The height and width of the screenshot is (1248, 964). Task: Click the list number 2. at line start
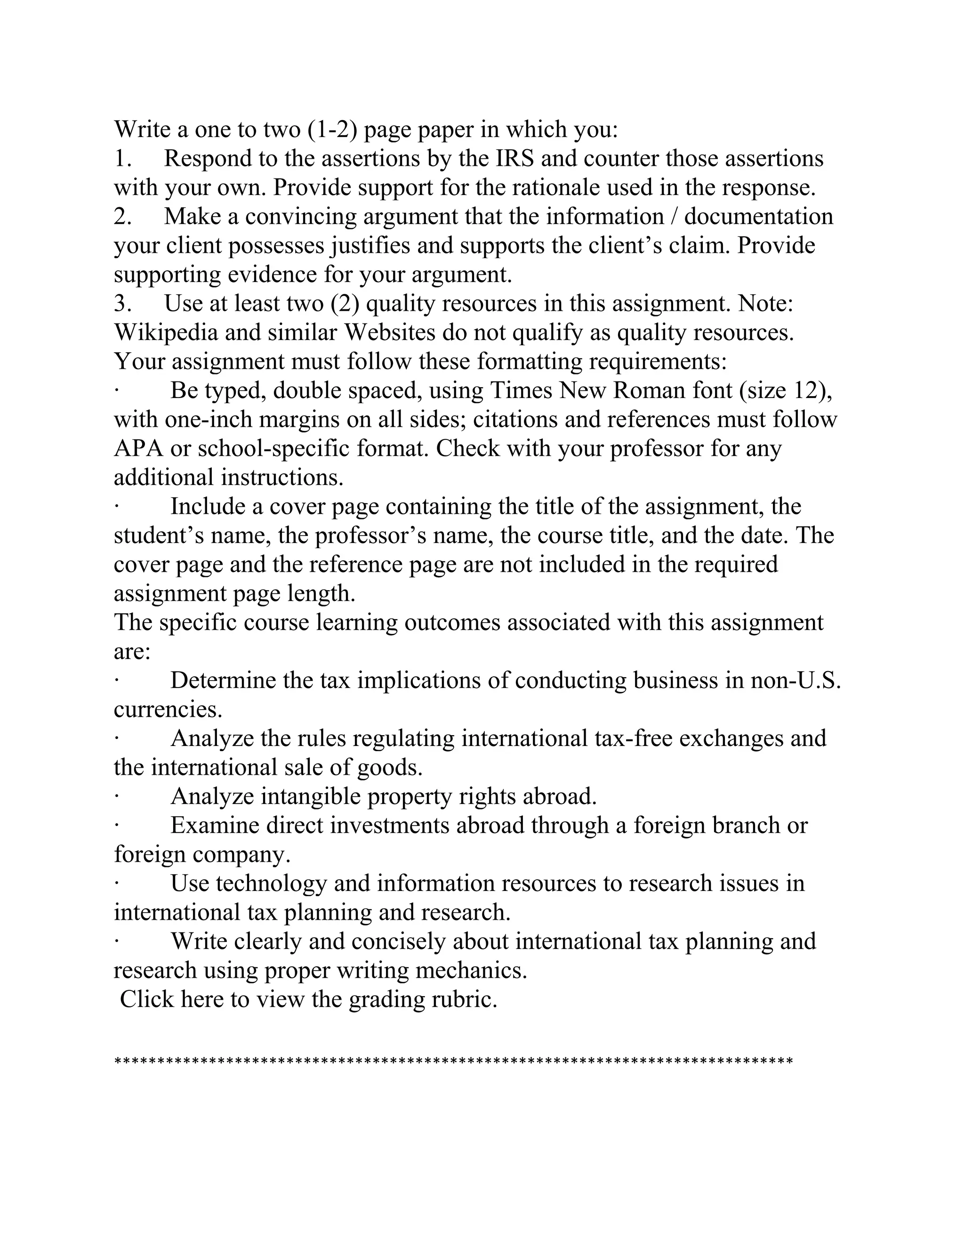123,217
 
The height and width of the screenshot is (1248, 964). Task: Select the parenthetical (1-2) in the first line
332,129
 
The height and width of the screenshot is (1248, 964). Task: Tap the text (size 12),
786,390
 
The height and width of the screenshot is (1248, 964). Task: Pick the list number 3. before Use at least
123,303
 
